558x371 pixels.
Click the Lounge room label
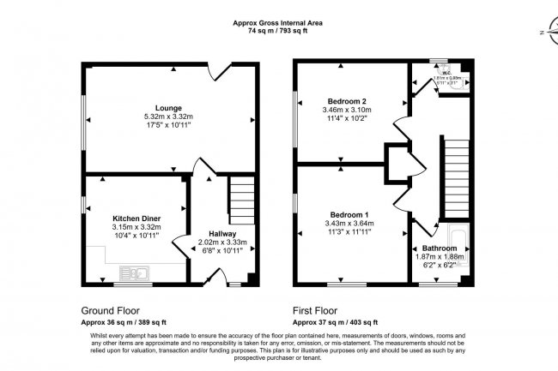tap(167, 107)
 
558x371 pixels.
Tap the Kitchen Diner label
tap(136, 218)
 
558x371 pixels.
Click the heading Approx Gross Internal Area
tap(278, 23)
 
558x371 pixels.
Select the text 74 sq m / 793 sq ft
tap(278, 32)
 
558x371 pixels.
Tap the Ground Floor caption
tap(111, 310)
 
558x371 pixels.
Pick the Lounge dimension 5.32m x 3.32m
tap(167, 117)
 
